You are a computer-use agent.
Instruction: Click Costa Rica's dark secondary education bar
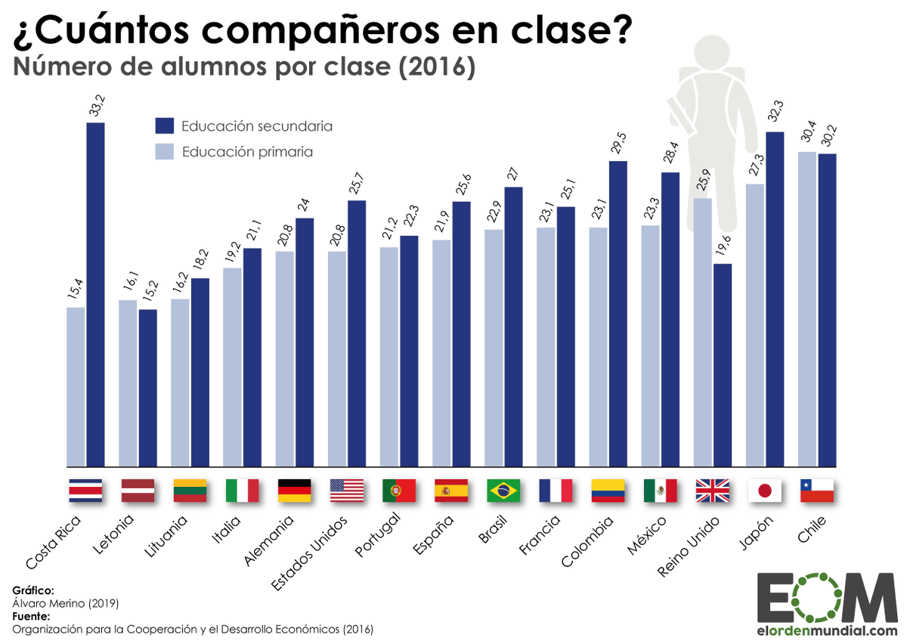click(x=95, y=295)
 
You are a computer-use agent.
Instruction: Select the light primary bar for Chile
click(x=807, y=309)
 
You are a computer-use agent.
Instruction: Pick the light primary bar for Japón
click(x=755, y=325)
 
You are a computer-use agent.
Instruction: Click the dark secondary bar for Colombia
click(x=618, y=314)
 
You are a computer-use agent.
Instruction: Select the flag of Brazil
click(x=503, y=491)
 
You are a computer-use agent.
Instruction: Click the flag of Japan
click(x=764, y=491)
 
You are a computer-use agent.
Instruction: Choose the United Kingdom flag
click(x=712, y=491)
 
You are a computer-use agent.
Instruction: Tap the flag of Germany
click(x=295, y=491)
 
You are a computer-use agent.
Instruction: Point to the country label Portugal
click(x=378, y=536)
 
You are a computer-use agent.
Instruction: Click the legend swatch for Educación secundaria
click(x=165, y=126)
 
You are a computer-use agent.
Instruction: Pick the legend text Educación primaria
click(x=247, y=152)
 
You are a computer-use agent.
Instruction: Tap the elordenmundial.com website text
click(x=828, y=629)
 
